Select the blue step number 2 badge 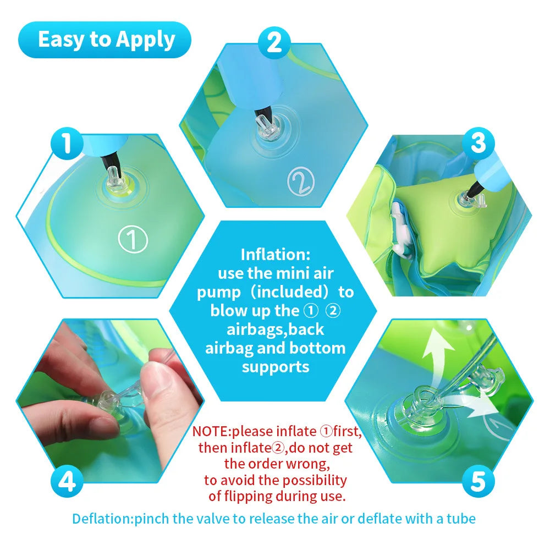point(274,43)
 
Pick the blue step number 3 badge point(478,144)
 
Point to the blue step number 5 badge point(478,482)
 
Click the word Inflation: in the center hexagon point(276,255)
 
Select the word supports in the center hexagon point(276,366)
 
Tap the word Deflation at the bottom point(102,518)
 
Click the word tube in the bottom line point(461,518)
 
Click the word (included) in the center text point(294,291)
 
